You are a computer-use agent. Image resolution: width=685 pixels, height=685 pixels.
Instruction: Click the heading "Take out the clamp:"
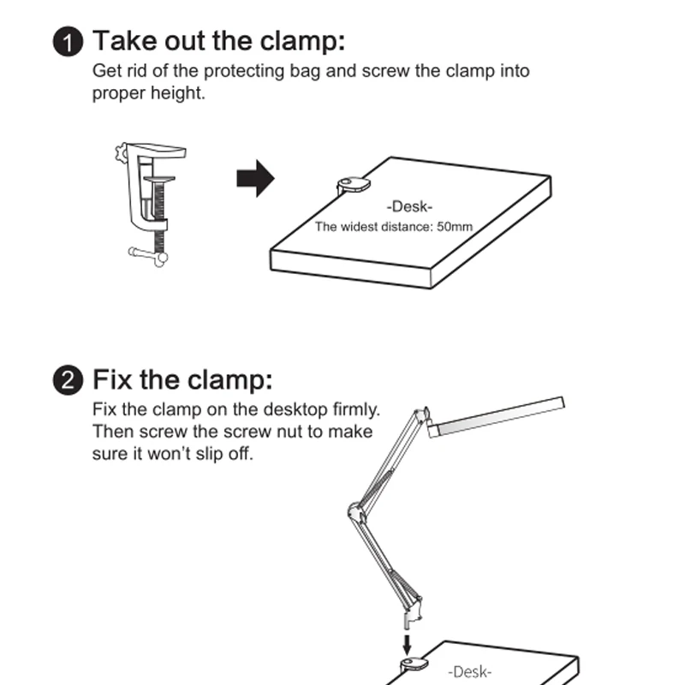(x=218, y=41)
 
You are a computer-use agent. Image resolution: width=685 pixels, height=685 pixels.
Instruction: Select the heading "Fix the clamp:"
(x=182, y=378)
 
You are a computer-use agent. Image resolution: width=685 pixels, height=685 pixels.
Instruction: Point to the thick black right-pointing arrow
(x=254, y=180)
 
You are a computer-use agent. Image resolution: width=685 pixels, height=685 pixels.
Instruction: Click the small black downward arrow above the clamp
(x=408, y=641)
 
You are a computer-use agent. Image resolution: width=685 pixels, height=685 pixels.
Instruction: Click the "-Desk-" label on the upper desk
(x=410, y=206)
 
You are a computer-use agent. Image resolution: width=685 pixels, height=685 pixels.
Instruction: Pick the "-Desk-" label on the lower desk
(x=469, y=673)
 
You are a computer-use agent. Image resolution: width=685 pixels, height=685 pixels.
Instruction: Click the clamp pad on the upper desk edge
(x=353, y=184)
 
